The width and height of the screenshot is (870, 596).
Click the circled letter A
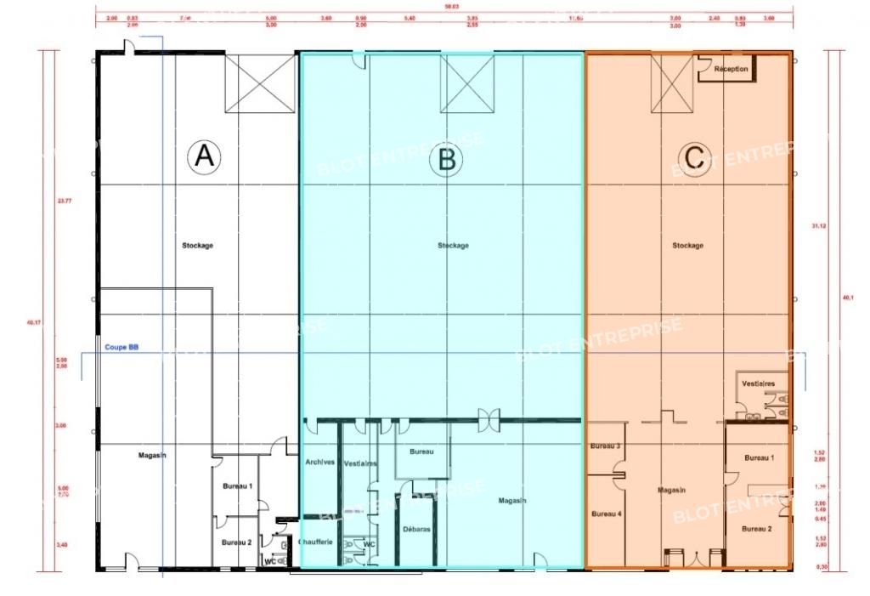tap(203, 156)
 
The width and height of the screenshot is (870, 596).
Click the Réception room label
tap(732, 69)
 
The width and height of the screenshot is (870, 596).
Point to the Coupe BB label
tap(121, 347)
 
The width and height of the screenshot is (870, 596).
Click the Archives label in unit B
tap(319, 463)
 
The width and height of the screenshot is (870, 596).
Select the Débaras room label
tap(416, 529)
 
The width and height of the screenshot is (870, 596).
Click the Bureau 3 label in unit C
tap(605, 446)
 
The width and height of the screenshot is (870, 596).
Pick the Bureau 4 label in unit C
tap(606, 514)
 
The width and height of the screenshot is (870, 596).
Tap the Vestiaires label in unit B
tap(361, 463)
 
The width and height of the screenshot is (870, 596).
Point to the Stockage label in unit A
tap(197, 246)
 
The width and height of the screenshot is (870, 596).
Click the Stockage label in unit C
tap(687, 246)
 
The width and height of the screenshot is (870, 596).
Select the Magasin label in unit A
tap(152, 456)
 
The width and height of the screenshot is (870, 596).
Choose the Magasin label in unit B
tap(512, 501)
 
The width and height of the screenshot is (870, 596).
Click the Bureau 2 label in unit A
tap(237, 542)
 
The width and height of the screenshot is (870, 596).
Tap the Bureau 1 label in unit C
tap(759, 458)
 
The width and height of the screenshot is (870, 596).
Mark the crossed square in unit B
tap(466, 83)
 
